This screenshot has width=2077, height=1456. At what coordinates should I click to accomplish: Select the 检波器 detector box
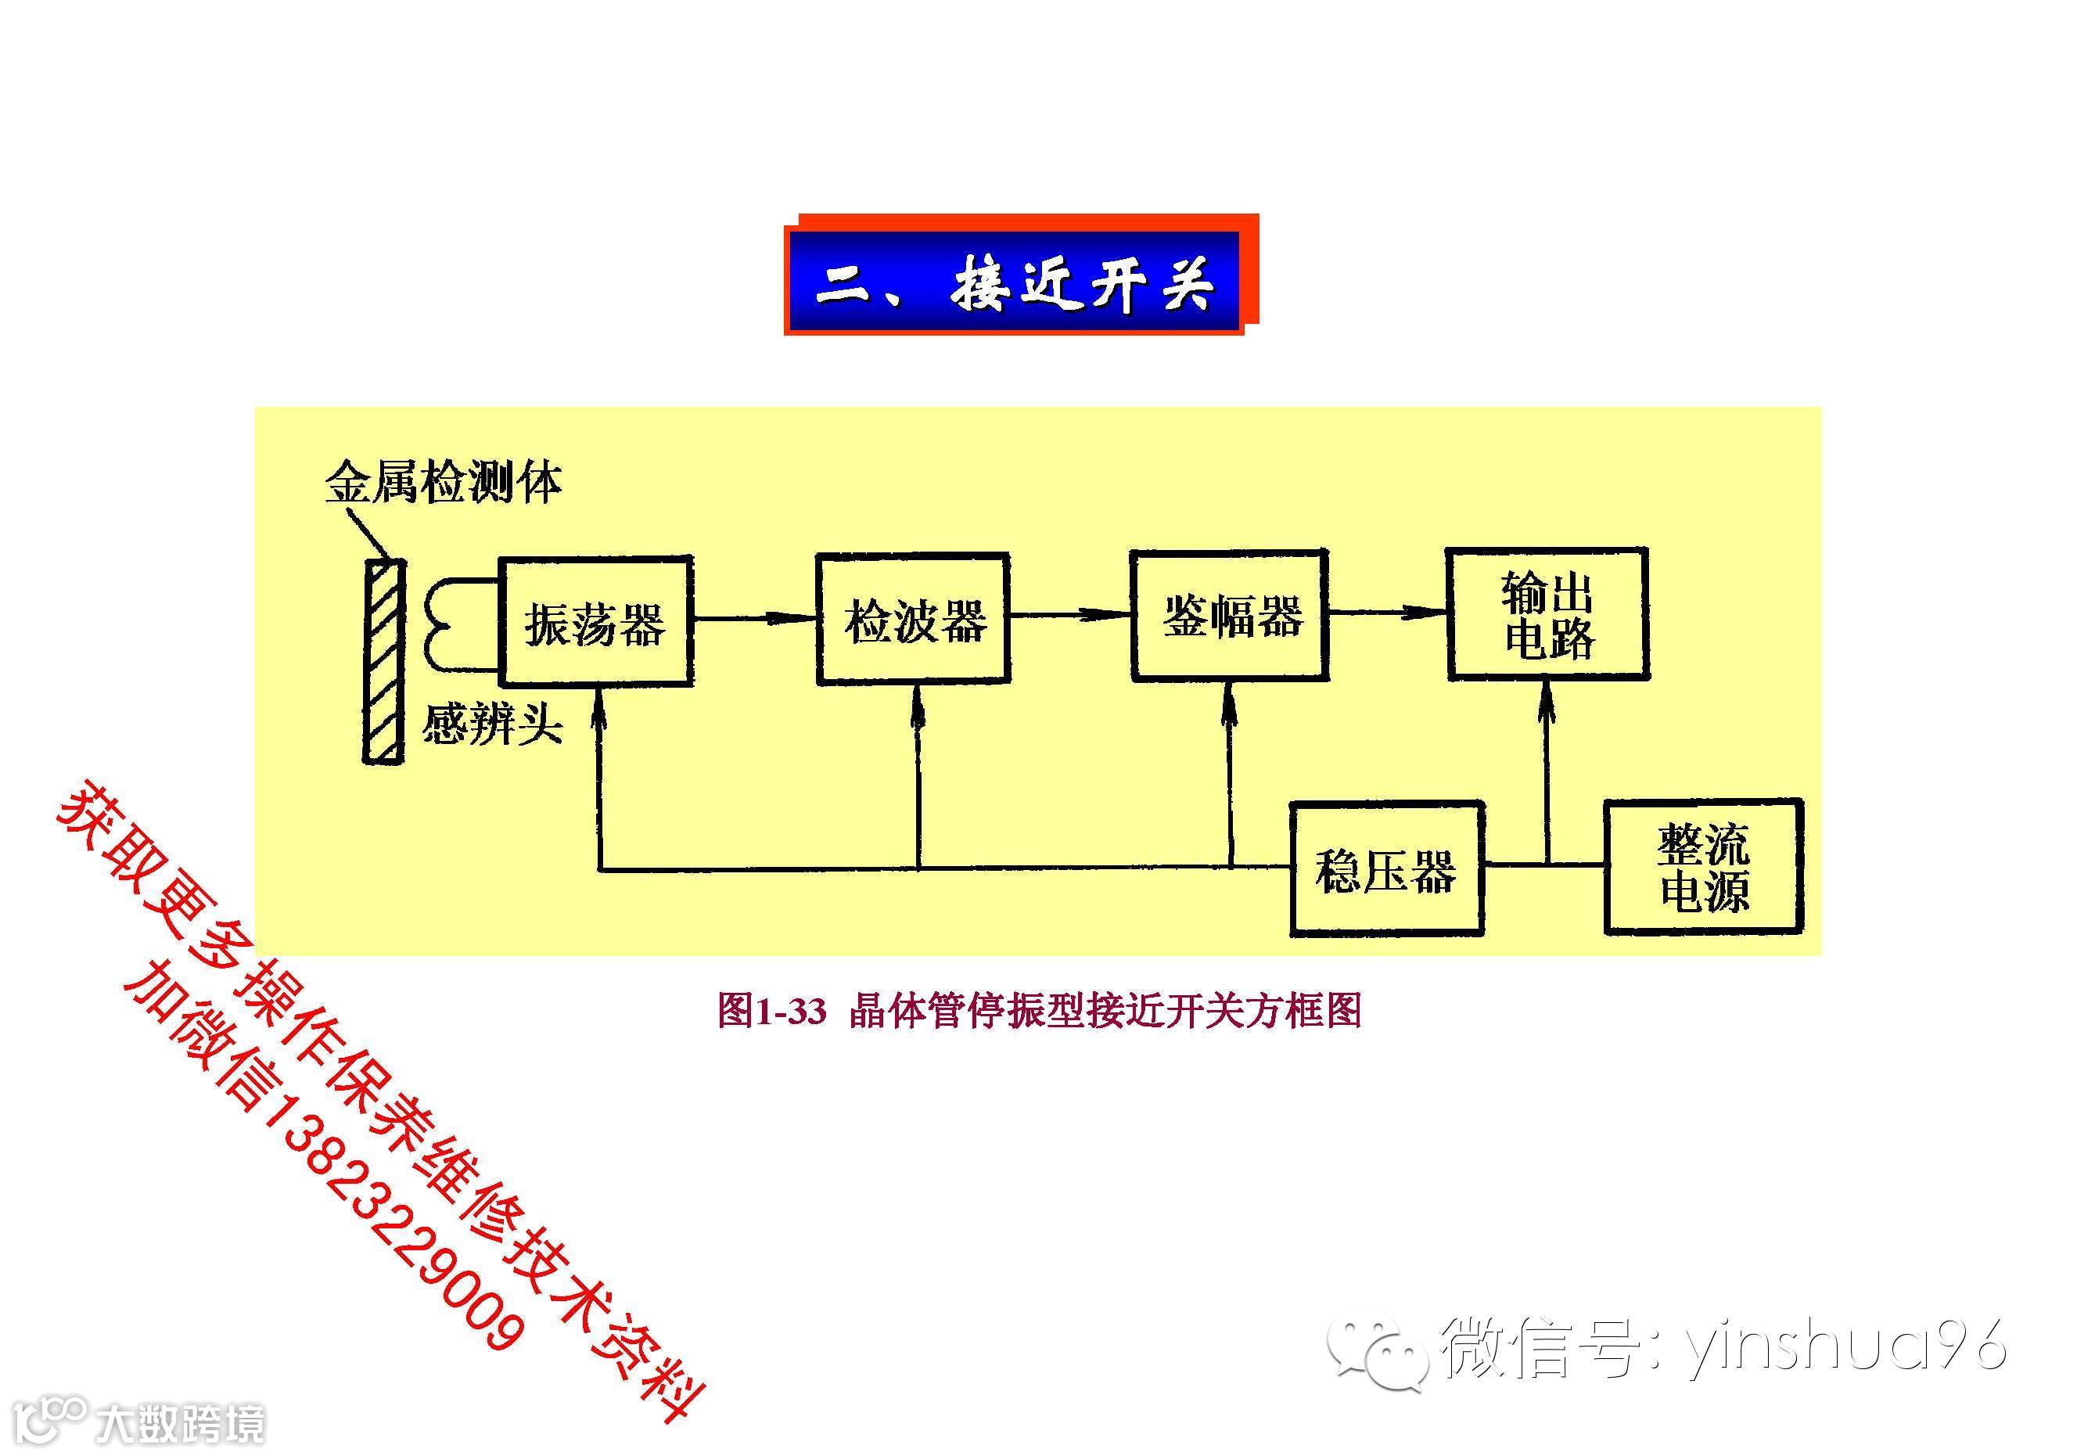(913, 620)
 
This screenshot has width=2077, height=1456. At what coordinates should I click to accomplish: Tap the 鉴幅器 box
(1231, 616)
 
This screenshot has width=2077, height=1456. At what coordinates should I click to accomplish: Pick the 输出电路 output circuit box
(1547, 614)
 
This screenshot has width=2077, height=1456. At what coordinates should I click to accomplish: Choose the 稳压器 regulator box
(1386, 868)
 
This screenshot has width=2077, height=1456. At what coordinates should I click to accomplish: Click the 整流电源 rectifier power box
(1703, 867)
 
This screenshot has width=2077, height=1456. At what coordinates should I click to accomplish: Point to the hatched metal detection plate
(383, 661)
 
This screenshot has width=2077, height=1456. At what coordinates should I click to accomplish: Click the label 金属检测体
(444, 482)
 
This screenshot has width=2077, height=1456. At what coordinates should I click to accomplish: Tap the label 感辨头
(493, 724)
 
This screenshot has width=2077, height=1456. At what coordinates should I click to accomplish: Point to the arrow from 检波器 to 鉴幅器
(1070, 616)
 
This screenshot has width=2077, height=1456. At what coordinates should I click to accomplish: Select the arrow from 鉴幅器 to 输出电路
(1387, 613)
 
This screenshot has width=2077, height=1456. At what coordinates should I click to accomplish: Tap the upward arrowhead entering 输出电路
(1547, 701)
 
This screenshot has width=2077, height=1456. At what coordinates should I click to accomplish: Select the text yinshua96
(1845, 1344)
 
